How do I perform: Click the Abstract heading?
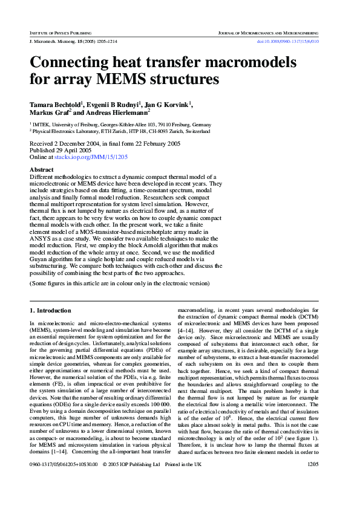[x=42, y=170]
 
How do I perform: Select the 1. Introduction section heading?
[x=50, y=310]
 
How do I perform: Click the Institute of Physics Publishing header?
[x=60, y=31]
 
